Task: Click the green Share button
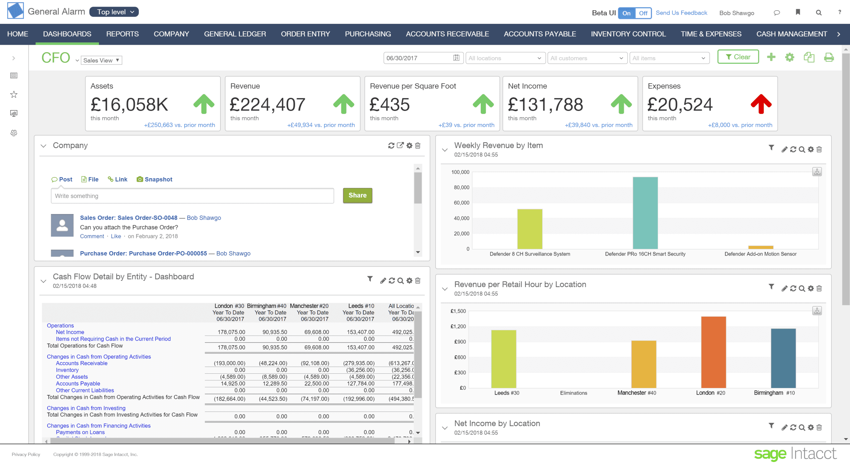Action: point(357,195)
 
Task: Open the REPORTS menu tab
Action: point(122,34)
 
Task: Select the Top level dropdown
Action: point(114,12)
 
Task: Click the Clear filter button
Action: point(738,57)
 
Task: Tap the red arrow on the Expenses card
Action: point(761,104)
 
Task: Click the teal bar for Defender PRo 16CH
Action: point(645,213)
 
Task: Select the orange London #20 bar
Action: point(713,352)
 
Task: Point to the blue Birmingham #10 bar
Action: point(783,358)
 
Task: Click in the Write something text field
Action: point(192,196)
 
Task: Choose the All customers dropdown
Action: point(587,58)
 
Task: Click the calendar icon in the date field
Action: point(456,58)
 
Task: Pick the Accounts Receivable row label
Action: point(81,363)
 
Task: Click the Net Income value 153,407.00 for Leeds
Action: point(361,332)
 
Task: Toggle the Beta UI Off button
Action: point(643,13)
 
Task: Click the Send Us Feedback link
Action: point(681,13)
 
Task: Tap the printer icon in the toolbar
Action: point(828,57)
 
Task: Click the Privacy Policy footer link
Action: point(26,454)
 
